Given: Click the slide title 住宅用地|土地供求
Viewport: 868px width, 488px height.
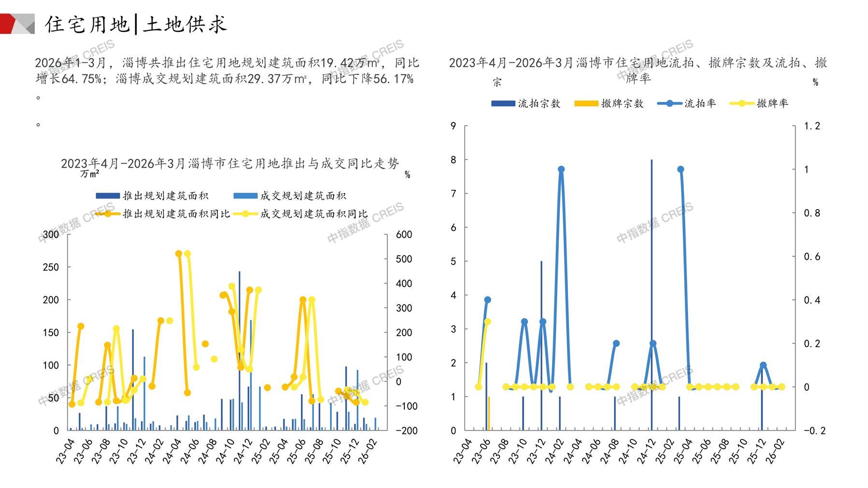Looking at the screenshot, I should coord(136,24).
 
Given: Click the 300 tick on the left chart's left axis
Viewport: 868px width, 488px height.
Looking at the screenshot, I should coord(51,234).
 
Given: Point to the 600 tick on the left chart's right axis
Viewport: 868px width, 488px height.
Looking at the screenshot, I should coord(404,234).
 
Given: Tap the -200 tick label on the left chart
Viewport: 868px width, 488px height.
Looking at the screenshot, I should coord(406,431).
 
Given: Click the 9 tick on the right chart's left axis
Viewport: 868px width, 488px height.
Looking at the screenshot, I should coord(453,126).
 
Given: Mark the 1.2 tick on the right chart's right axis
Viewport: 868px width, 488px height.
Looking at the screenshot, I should coord(811,126).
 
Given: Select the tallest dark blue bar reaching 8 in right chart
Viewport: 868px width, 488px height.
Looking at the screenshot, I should coord(652,295).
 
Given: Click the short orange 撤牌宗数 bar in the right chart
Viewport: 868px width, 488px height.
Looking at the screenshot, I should coord(489,414).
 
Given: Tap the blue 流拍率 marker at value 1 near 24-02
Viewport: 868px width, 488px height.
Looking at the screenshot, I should coord(561,170).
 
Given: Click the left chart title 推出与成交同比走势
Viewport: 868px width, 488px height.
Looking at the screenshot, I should coord(229,164).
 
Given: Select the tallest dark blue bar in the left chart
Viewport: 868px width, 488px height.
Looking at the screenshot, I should coord(240,350).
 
